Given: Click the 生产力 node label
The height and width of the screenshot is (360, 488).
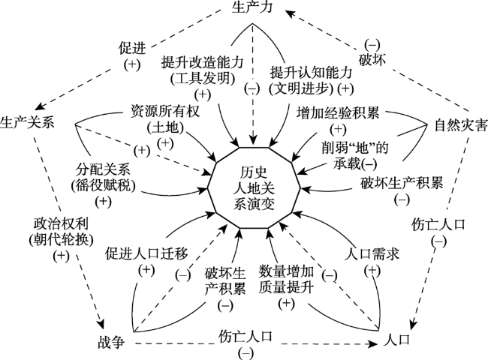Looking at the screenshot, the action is click(252, 7).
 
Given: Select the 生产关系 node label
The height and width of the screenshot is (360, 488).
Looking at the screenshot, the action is click(27, 122).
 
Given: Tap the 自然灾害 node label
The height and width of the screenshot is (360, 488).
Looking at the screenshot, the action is click(461, 125).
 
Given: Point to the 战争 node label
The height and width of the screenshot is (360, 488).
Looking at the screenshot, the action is click(111, 343).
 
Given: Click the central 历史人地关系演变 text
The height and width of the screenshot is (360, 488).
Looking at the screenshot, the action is click(254, 187).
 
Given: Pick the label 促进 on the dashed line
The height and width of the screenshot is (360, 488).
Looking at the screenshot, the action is click(132, 48).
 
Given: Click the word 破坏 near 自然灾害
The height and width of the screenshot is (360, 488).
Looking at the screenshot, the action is click(372, 59).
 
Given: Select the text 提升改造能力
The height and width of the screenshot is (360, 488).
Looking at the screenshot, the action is click(202, 62).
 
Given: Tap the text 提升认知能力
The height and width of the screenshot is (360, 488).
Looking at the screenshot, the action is click(311, 73).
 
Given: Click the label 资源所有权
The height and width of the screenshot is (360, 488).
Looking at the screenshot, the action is click(164, 111).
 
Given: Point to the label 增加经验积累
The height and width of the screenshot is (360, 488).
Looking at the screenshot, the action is click(338, 112).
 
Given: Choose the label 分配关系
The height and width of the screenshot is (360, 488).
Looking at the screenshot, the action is click(103, 169).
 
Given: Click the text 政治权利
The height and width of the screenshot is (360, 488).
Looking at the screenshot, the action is click(61, 223).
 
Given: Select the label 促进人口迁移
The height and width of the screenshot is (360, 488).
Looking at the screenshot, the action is click(146, 253).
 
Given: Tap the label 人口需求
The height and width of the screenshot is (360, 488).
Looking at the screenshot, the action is click(372, 254).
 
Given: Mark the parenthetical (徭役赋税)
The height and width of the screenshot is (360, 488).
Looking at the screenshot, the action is click(103, 186).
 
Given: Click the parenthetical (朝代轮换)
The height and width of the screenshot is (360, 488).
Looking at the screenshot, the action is click(61, 240).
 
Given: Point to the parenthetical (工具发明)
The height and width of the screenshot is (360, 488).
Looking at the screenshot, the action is click(203, 78).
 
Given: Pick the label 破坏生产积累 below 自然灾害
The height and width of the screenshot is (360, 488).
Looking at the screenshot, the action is click(402, 183).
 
